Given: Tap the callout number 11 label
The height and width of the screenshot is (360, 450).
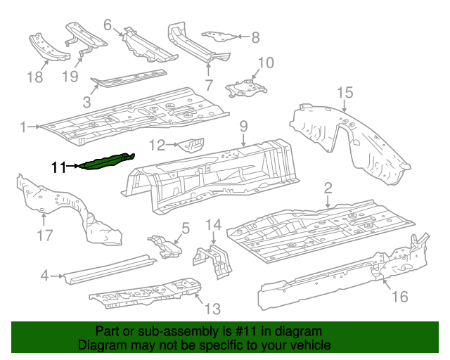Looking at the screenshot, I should coord(58,167).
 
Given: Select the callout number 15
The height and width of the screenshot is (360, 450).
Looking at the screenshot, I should coord(343,92).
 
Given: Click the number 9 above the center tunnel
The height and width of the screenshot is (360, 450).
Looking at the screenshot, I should coord(243,127).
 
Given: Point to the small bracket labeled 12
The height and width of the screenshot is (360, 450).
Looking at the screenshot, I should coord(191,146).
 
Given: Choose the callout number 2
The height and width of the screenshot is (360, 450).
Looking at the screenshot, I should coord(328,187).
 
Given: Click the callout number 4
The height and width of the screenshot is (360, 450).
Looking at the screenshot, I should coord(44,276).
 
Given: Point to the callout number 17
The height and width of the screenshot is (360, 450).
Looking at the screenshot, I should coord(44,235).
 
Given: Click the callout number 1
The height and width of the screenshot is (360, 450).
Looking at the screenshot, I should coord(23,127).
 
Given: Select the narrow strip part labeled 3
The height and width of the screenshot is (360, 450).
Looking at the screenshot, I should coord(132,77).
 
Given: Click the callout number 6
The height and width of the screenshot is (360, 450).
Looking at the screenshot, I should coord(108,25).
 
